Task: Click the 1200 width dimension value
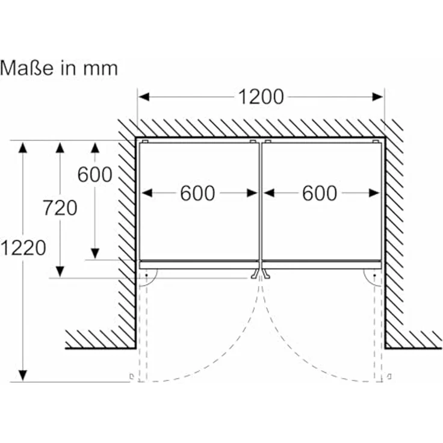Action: (261, 97)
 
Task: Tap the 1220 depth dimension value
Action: (23, 248)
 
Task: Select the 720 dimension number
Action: (60, 208)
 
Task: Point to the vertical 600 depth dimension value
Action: (95, 175)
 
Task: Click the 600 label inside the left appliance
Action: (197, 193)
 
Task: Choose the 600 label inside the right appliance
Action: (320, 193)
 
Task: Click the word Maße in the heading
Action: (27, 68)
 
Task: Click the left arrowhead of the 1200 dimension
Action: (144, 97)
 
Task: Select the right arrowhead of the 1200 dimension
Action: (378, 97)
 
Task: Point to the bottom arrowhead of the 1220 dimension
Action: (23, 376)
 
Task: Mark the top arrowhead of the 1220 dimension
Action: (23, 147)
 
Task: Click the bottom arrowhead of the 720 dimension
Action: (60, 272)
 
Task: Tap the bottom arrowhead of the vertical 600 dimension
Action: (95, 253)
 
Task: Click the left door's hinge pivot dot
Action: (146, 275)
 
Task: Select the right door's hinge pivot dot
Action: (374, 275)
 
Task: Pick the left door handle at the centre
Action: (255, 274)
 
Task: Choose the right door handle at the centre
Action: (266, 274)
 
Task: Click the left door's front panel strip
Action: (199, 265)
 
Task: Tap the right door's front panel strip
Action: (322, 265)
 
